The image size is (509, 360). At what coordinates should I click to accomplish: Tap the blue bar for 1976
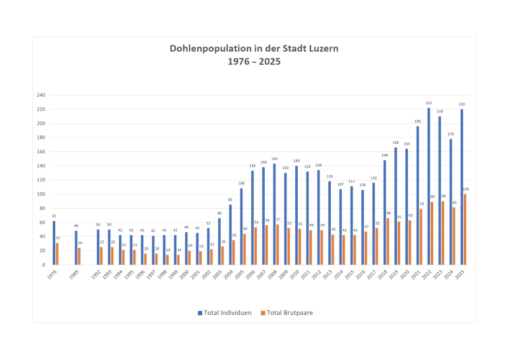(x=53, y=242)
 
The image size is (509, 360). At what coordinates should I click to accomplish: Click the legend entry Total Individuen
(x=223, y=313)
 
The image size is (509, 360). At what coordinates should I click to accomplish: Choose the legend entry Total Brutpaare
(x=290, y=313)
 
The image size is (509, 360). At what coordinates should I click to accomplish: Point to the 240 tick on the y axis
(x=40, y=95)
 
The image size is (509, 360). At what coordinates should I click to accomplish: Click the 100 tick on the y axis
(x=40, y=194)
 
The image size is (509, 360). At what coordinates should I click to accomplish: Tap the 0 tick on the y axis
(x=43, y=265)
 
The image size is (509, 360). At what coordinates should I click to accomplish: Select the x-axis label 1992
(x=95, y=274)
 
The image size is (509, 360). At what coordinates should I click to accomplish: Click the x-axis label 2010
(x=295, y=274)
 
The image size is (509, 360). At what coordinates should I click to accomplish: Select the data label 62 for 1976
(x=53, y=216)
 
